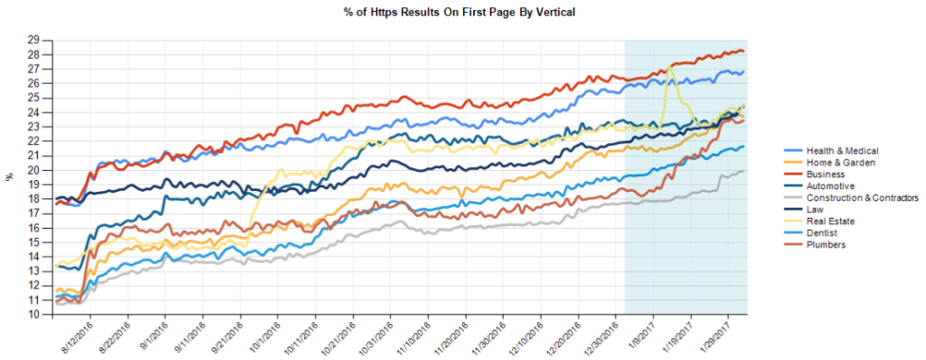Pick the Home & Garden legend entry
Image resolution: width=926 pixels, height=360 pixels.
(x=833, y=163)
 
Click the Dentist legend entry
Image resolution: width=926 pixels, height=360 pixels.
(x=821, y=233)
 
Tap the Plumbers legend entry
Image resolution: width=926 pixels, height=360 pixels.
(x=825, y=245)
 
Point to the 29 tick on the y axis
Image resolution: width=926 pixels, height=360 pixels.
(x=43, y=40)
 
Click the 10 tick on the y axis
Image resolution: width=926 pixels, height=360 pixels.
(x=43, y=315)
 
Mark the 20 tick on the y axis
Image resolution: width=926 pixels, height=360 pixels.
(x=43, y=170)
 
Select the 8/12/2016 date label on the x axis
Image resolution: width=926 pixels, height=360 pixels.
(x=78, y=337)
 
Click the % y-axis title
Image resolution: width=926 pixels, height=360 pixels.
(x=9, y=177)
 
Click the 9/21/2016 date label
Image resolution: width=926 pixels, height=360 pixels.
(x=227, y=337)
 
